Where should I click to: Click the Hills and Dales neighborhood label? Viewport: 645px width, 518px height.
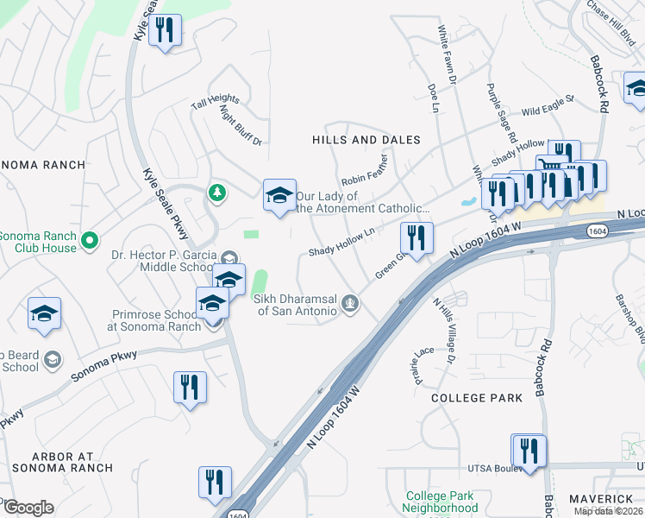[x=366, y=140]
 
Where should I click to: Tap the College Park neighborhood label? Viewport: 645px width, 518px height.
[x=477, y=398]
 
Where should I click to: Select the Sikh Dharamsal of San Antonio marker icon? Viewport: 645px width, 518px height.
[x=349, y=302]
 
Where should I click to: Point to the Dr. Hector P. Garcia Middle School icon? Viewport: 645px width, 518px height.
[x=229, y=257]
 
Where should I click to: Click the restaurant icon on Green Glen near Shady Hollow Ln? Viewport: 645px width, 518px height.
[x=416, y=238]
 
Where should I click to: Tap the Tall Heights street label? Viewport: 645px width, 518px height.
[x=215, y=102]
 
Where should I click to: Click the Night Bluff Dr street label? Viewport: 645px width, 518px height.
[x=241, y=123]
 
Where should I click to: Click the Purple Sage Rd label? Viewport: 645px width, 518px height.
[x=501, y=113]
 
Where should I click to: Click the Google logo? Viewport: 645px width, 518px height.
[x=28, y=508]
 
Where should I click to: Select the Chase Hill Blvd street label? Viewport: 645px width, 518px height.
[x=610, y=18]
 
